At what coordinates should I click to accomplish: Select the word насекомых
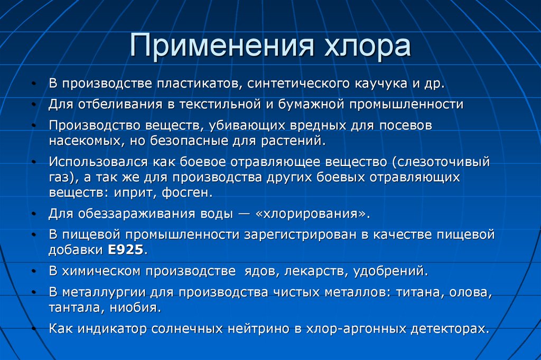(x=85, y=141)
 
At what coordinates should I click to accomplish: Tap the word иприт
(x=131, y=193)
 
